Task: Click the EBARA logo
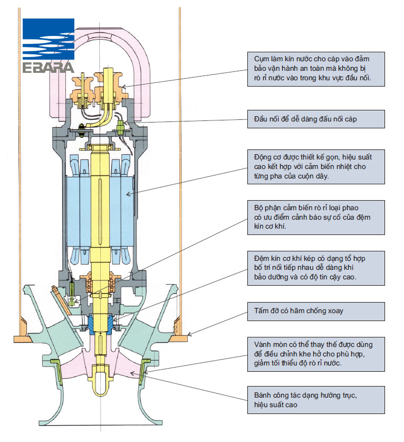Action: coord(49,45)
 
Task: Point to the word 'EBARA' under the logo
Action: coord(49,68)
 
